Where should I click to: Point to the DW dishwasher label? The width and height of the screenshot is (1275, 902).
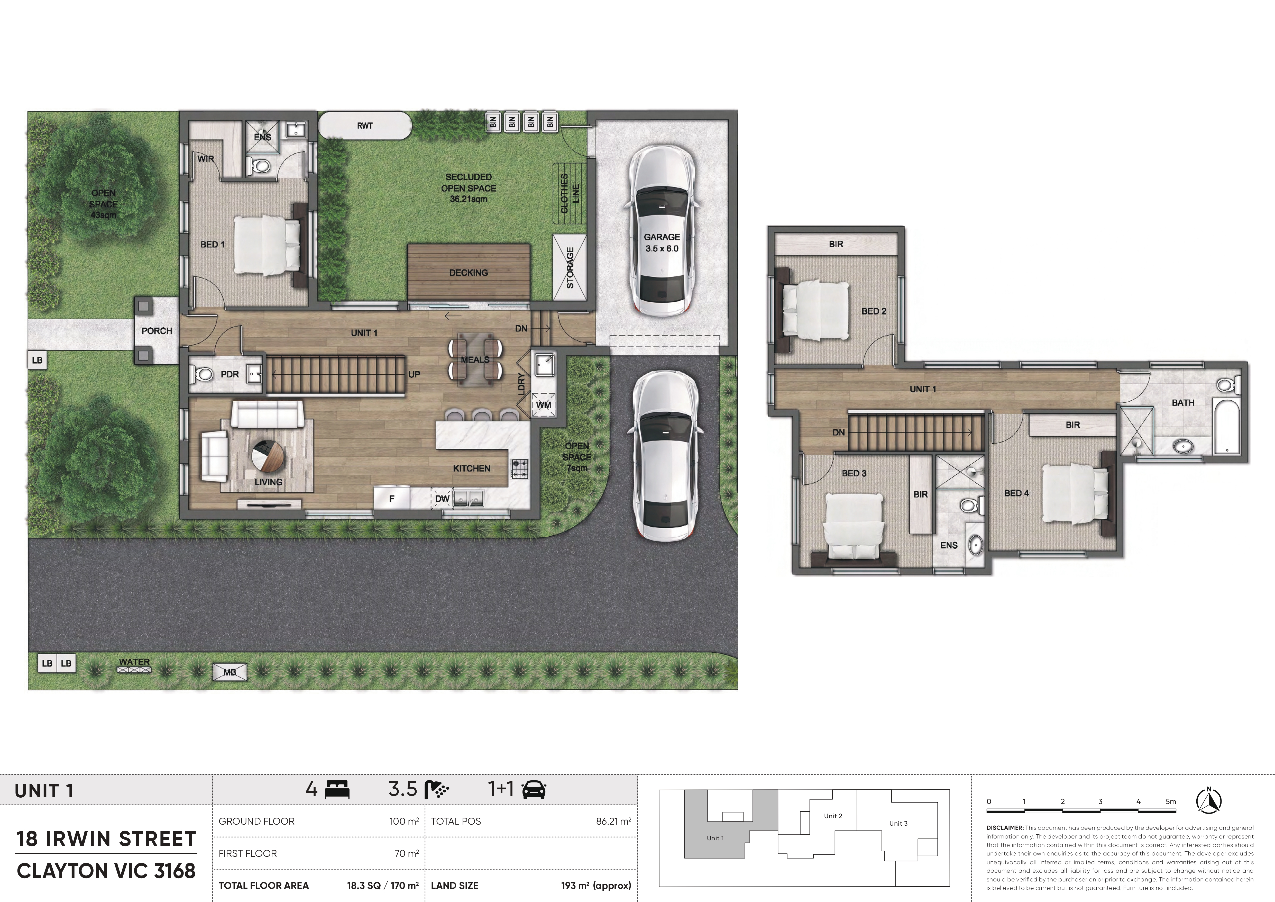442,499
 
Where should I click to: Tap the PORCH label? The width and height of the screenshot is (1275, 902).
157,331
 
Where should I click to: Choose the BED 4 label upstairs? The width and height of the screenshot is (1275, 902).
1016,493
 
